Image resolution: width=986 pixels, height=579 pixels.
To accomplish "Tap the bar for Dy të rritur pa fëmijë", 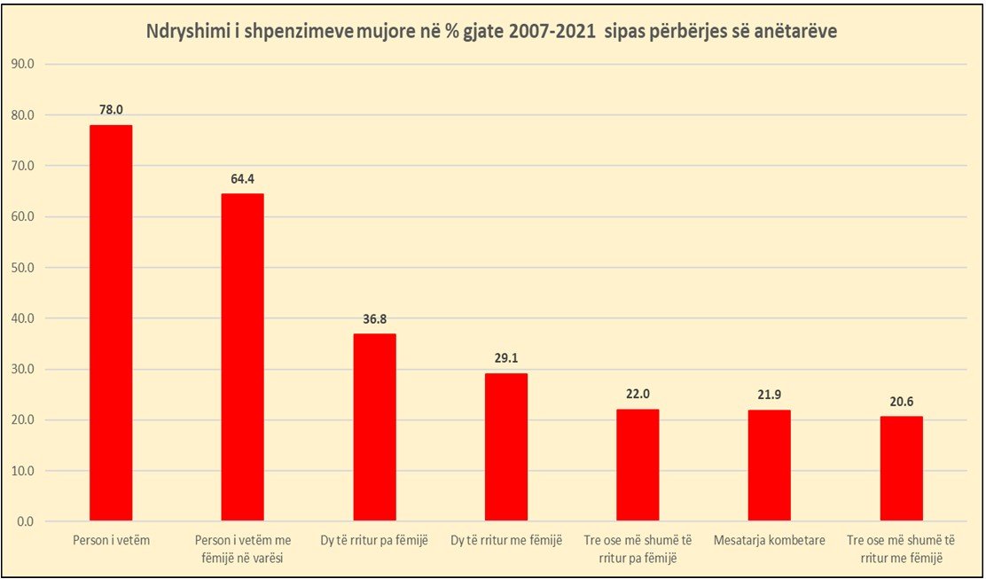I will (374, 426).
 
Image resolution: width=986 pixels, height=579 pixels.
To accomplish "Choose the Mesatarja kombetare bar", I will (769, 465).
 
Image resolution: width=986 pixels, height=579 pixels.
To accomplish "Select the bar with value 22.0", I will (638, 465).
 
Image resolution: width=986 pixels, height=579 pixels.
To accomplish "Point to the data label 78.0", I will (111, 111).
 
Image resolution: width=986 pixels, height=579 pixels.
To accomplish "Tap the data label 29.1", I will (505, 359).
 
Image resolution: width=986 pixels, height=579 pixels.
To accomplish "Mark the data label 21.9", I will (769, 395).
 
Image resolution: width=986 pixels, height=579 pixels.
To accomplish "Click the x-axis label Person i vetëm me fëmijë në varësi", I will (242, 549).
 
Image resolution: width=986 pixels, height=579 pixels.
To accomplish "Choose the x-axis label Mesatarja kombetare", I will (769, 540).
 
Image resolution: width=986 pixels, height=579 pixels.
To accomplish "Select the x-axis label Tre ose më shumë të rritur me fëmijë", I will (901, 549).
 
